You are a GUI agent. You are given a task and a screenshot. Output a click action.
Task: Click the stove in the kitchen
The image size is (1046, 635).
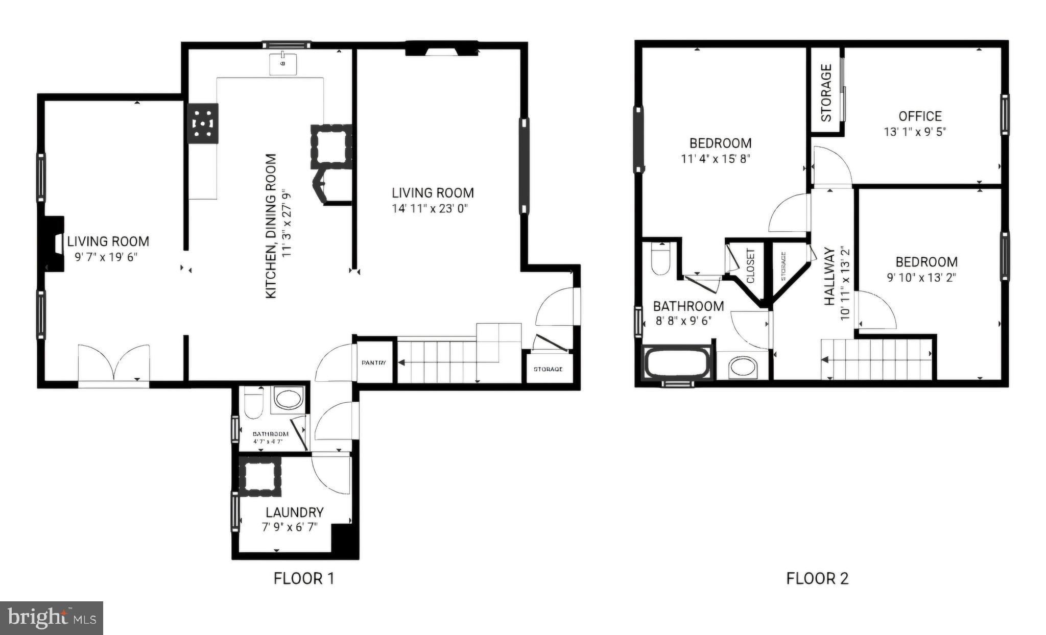[203, 124]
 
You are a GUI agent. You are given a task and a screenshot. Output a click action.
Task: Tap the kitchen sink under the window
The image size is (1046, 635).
[282, 63]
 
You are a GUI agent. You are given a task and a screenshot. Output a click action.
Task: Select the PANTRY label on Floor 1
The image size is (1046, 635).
[374, 363]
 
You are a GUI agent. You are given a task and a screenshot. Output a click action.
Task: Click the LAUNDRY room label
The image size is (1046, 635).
[294, 512]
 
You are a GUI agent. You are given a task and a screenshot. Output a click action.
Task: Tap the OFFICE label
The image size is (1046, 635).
[920, 116]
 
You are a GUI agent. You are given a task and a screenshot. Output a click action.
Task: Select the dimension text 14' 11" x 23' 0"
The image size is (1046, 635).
[430, 208]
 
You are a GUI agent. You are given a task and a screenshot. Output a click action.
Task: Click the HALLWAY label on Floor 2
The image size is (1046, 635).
[829, 276]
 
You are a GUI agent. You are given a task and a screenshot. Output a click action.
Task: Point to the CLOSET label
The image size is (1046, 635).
[750, 266]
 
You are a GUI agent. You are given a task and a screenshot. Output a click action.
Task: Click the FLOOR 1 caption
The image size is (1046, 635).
[304, 578]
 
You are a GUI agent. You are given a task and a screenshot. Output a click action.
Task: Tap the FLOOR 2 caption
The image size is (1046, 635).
[817, 578]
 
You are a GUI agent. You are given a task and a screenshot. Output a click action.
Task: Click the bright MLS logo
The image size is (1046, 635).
[52, 618]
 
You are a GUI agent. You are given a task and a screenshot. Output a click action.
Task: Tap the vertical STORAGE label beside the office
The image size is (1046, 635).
[826, 92]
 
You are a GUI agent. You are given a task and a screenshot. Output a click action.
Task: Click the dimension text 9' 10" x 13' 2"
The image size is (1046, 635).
[921, 278]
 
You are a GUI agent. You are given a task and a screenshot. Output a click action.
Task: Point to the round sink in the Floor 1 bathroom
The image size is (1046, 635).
[289, 398]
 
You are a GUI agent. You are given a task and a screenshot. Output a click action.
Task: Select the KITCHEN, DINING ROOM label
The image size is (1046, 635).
[271, 226]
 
